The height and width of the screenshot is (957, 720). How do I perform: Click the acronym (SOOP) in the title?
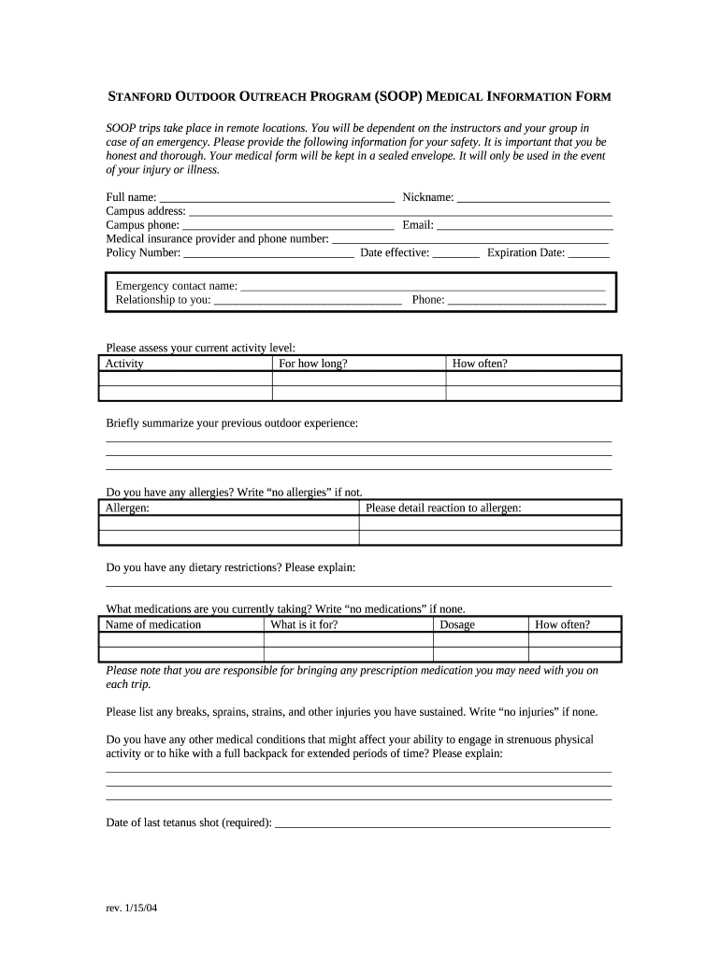tap(399, 96)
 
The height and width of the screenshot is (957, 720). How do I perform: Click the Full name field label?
tap(131, 197)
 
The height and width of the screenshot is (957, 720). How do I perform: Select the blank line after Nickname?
tap(533, 198)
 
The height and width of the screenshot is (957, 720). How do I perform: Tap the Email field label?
tap(418, 225)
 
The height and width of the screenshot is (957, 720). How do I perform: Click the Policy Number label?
tap(143, 252)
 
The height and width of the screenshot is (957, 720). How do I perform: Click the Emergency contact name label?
tap(176, 286)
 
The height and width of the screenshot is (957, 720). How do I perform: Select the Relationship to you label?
tap(163, 300)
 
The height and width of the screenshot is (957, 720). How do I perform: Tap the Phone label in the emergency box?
tap(427, 300)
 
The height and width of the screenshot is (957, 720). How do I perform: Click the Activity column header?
tap(124, 364)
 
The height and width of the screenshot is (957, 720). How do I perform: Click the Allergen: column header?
tap(127, 507)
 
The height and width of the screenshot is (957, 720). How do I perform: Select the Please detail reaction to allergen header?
tap(443, 507)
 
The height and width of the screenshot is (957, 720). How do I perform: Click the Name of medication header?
tap(153, 624)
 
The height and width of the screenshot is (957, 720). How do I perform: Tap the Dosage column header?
tap(457, 624)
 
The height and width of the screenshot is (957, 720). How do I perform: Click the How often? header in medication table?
tap(562, 624)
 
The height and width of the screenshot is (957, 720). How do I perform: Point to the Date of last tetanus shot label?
tap(189, 822)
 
